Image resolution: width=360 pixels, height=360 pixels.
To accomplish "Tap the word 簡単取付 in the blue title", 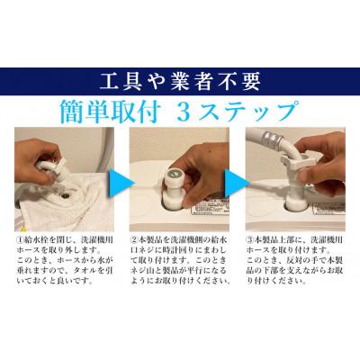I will (x=148, y=113).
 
